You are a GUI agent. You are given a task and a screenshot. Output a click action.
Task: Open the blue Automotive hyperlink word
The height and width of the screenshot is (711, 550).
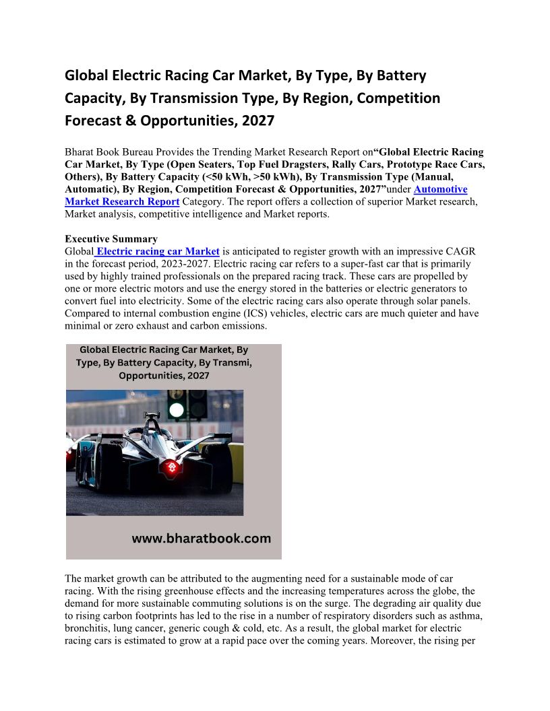440,189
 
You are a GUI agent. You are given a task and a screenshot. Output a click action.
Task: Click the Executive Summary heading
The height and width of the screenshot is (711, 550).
111,239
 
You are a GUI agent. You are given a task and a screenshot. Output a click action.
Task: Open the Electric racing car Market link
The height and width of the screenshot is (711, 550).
158,251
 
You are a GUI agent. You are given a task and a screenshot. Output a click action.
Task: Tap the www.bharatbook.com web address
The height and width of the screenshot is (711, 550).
201,538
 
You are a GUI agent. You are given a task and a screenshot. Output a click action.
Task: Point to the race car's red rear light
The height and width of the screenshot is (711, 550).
173,467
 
